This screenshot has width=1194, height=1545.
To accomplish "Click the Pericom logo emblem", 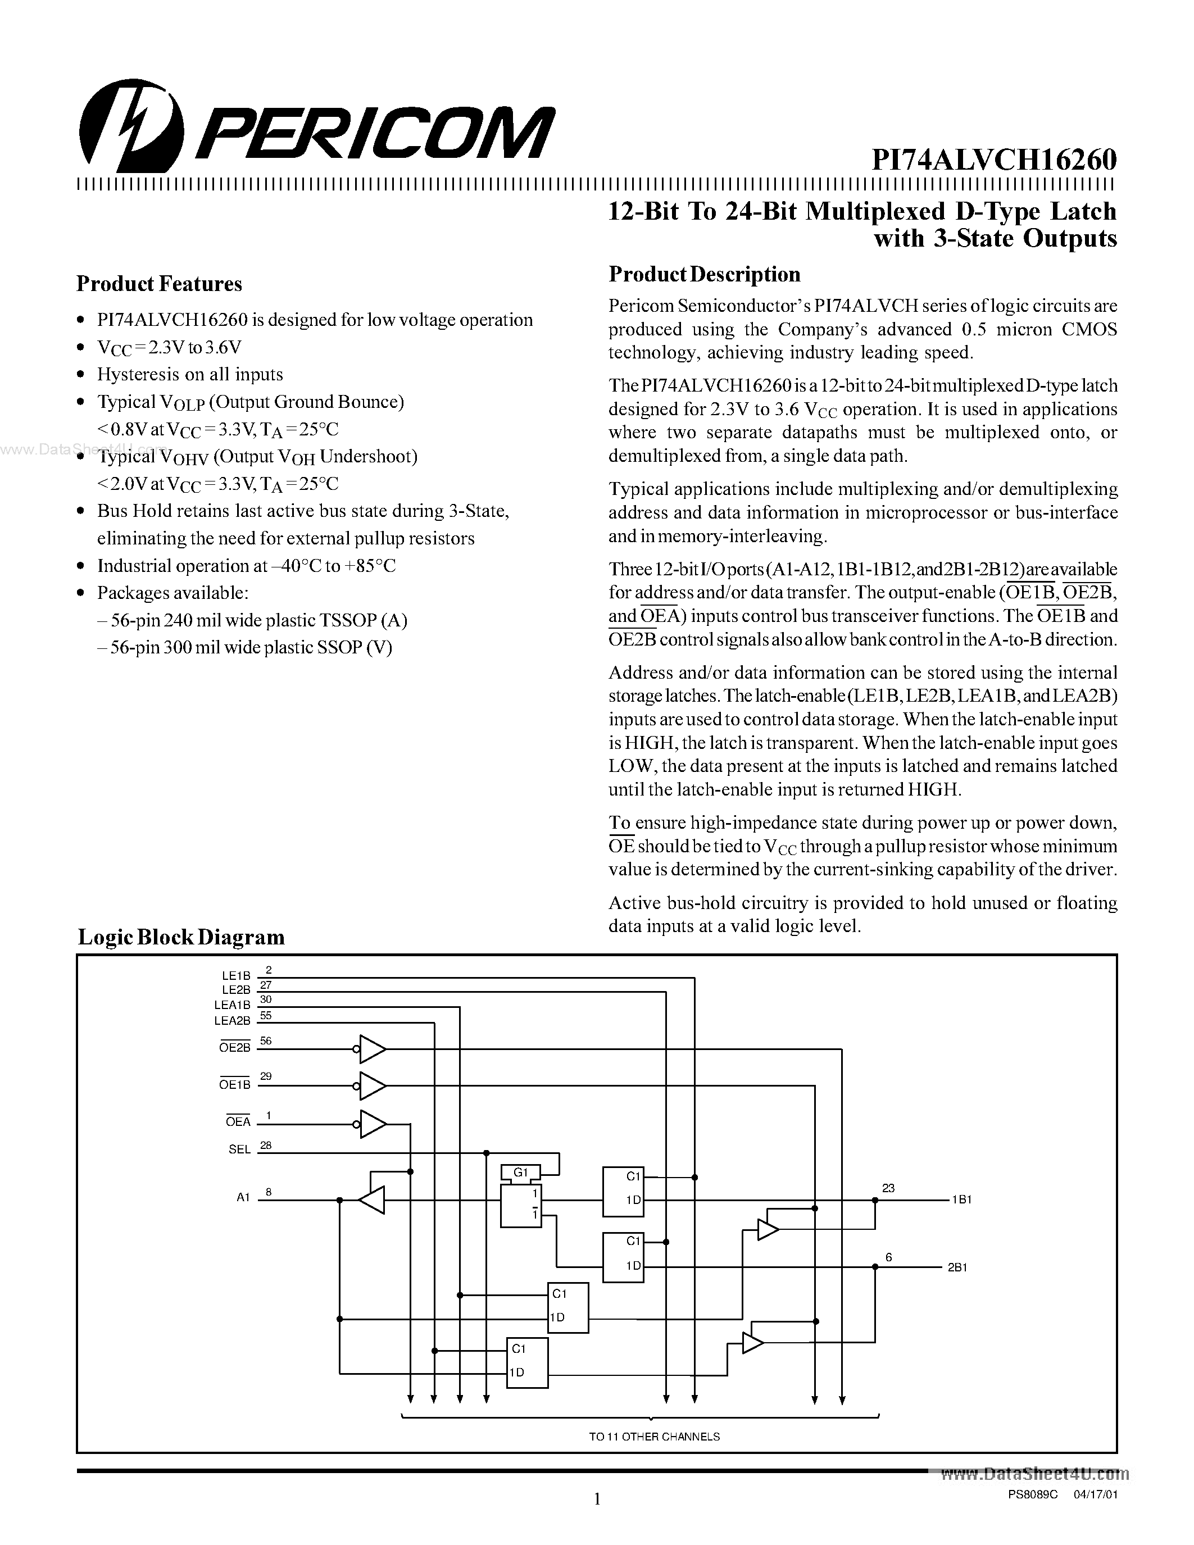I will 131,125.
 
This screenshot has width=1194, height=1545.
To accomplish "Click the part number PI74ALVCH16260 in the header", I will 994,161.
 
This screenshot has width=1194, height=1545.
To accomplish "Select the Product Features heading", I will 159,284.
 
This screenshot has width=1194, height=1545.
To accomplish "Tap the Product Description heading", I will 705,275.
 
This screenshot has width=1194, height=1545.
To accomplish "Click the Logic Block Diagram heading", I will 181,937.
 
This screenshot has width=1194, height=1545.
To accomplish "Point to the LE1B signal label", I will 236,975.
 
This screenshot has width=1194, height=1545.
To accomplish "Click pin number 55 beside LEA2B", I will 266,1015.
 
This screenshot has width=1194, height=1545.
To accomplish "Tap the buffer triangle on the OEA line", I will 372,1124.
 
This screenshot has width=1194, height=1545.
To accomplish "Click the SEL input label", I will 240,1149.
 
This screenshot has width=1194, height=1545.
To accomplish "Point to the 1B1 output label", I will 961,1200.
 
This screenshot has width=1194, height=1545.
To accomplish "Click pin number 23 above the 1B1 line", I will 888,1188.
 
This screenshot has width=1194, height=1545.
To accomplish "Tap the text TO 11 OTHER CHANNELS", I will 654,1437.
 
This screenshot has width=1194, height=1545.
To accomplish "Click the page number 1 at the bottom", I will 597,1498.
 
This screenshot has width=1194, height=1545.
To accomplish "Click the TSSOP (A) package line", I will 252,620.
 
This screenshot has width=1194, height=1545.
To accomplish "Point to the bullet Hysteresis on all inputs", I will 189,374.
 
